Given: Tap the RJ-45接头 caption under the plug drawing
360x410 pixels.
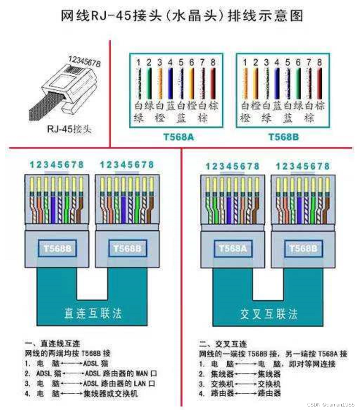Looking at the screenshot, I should click(69, 129).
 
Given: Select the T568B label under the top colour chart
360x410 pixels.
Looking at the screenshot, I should click(284, 137).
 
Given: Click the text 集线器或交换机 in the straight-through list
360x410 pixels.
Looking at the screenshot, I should click(110, 393).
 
